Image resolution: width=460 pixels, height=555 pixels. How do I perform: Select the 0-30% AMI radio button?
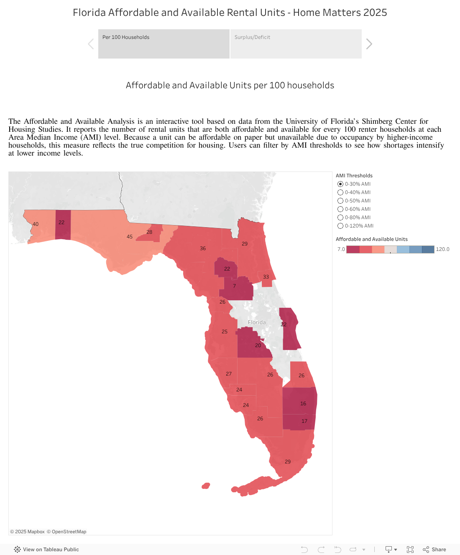(340, 184)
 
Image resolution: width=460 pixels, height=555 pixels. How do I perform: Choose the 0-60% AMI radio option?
(340, 209)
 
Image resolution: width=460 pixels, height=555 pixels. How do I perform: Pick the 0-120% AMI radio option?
(340, 226)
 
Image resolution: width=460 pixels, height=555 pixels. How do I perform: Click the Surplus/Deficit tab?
(296, 43)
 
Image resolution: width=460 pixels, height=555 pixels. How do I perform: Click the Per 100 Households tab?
(164, 43)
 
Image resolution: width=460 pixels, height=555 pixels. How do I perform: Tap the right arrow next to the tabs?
(369, 44)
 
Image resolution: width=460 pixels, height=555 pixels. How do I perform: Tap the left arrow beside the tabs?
(91, 44)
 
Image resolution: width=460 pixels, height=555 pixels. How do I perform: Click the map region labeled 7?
(234, 286)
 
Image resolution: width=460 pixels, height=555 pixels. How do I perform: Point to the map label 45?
(130, 237)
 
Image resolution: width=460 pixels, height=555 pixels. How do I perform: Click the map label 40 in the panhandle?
(36, 224)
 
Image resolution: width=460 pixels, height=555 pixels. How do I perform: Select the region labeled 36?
(203, 248)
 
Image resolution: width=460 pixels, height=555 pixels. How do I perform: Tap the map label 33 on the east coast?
(266, 277)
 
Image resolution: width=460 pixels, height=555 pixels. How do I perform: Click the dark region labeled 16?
(303, 404)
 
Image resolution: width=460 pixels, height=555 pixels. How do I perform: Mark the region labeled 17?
(304, 421)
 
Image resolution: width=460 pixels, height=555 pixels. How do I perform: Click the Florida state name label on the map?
(257, 322)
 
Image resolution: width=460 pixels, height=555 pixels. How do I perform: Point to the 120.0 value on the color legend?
(442, 249)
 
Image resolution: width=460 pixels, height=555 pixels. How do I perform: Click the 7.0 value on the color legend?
(341, 249)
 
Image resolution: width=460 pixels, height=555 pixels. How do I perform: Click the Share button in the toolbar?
(434, 550)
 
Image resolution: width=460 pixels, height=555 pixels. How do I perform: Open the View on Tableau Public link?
(46, 550)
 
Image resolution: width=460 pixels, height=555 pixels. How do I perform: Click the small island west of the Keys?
(206, 486)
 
